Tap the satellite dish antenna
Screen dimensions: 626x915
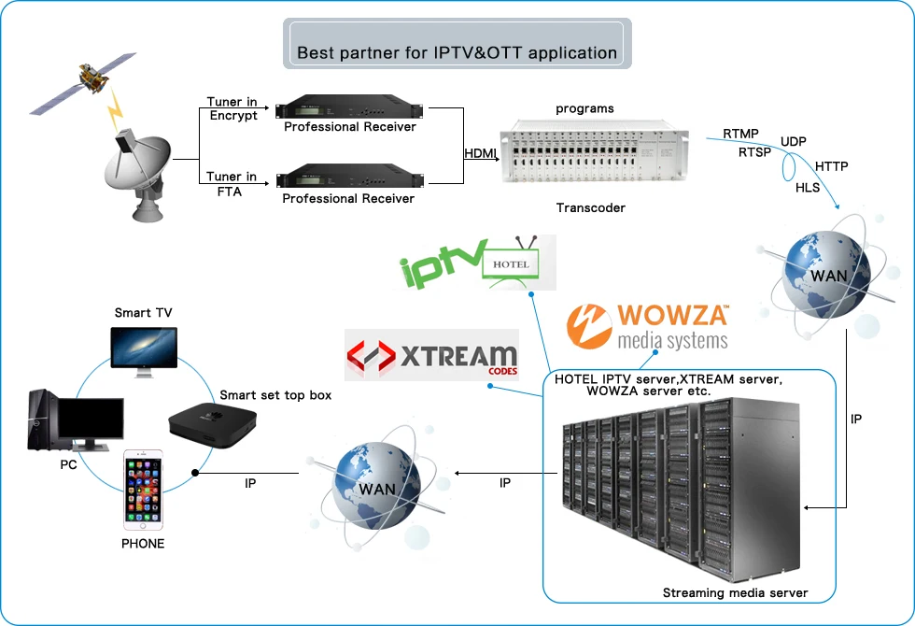138,177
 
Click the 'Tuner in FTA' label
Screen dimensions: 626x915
232,183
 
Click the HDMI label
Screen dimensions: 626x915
482,153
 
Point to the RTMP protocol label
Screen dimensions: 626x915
740,135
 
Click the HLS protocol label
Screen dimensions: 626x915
808,187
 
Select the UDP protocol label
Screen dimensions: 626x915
794,141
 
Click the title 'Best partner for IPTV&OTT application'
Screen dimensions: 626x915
457,52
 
